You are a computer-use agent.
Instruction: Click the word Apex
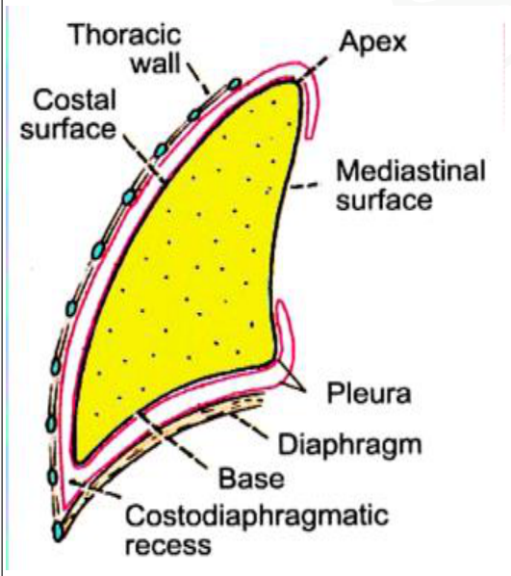click(x=373, y=42)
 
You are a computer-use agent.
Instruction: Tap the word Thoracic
click(x=125, y=34)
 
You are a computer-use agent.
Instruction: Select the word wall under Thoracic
click(x=156, y=64)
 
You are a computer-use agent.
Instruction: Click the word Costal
click(x=74, y=100)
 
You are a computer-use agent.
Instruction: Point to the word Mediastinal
click(x=411, y=170)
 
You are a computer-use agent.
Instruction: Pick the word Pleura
click(x=369, y=393)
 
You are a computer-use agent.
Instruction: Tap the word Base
click(x=251, y=479)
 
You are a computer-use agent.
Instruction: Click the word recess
click(x=168, y=545)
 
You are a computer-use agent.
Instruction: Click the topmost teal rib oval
click(x=234, y=85)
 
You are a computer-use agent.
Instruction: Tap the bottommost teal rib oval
click(x=58, y=531)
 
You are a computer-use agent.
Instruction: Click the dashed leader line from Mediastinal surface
click(x=304, y=186)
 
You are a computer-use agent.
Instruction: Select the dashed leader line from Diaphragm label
click(x=248, y=425)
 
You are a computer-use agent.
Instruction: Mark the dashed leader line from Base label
click(x=172, y=440)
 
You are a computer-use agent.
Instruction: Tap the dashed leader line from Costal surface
click(x=144, y=159)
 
